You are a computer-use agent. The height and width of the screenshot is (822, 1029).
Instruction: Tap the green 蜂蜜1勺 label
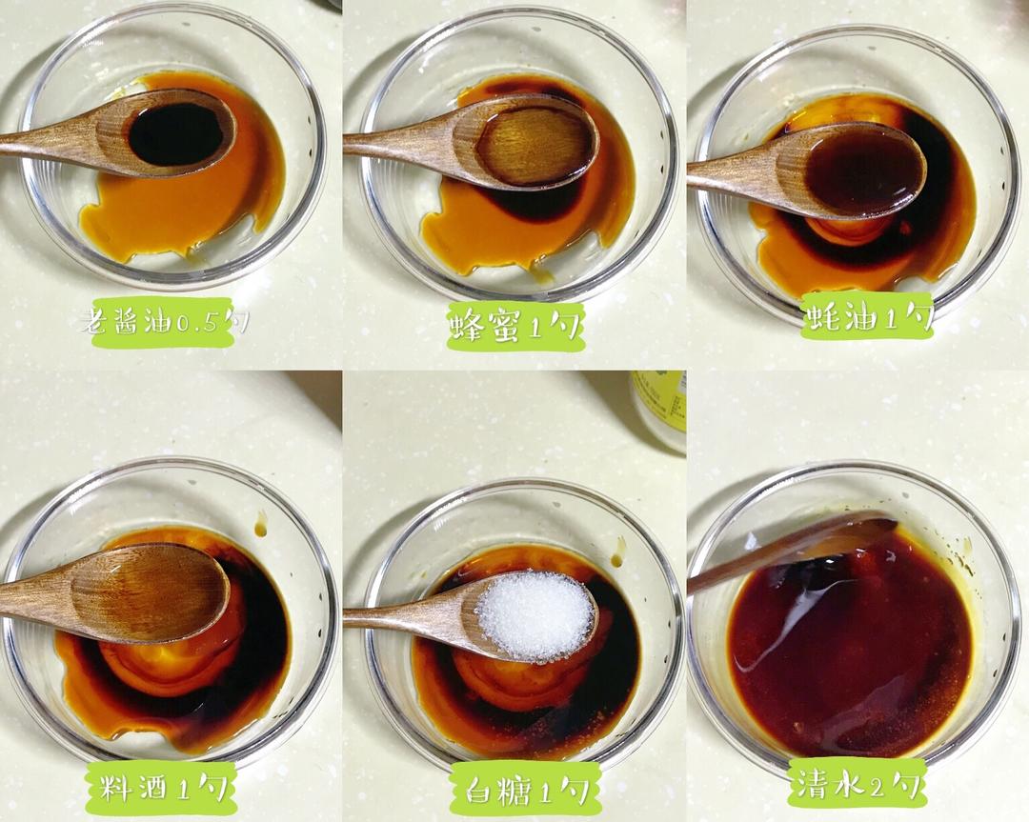[x=515, y=326]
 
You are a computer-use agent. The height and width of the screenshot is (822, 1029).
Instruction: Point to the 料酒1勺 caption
[x=161, y=787]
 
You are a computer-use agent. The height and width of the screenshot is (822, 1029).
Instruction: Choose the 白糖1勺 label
[x=526, y=790]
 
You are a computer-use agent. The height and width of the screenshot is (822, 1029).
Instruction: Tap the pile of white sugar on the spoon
[x=535, y=615]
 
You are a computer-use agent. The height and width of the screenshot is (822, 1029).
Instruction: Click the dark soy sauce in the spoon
[x=176, y=134]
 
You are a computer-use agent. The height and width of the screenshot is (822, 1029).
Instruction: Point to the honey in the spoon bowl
[x=535, y=145]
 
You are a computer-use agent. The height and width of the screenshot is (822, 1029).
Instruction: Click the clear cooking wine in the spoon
[x=149, y=591]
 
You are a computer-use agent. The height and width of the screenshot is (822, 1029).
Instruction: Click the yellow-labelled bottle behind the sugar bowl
[x=659, y=410]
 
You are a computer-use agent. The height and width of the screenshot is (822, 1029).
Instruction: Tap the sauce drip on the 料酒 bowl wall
[x=260, y=524]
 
